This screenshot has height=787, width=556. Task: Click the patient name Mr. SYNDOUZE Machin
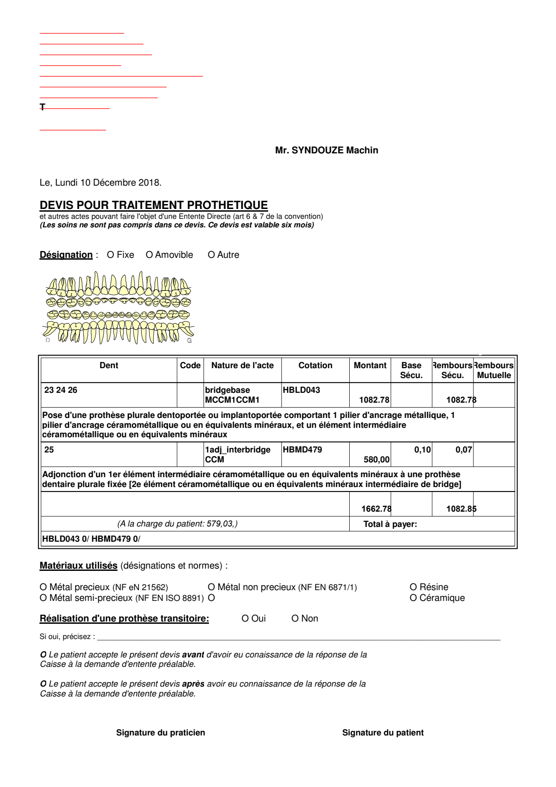click(x=326, y=150)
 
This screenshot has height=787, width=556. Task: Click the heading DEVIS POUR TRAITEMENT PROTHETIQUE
click(x=153, y=205)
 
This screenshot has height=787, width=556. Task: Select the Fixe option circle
click(x=110, y=255)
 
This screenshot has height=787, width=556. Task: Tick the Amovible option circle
click(x=149, y=255)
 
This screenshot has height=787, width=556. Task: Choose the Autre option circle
click(x=211, y=255)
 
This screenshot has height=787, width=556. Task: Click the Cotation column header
click(x=315, y=365)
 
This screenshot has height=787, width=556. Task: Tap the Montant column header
click(x=370, y=365)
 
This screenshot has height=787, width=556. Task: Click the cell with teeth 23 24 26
click(x=61, y=390)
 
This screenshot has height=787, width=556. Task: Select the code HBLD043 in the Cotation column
click(x=301, y=390)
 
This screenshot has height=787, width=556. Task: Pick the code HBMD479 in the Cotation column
click(x=302, y=450)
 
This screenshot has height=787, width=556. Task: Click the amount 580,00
click(x=377, y=460)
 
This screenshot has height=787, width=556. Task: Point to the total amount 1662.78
click(x=376, y=509)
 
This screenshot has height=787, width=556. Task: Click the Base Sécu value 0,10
click(x=422, y=450)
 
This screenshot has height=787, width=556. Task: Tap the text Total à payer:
click(x=390, y=524)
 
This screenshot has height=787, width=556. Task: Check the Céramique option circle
click(x=413, y=598)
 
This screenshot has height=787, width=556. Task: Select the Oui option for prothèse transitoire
click(x=245, y=619)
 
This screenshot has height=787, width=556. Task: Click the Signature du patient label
click(x=382, y=733)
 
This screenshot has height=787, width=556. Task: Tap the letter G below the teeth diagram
click(x=189, y=341)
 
